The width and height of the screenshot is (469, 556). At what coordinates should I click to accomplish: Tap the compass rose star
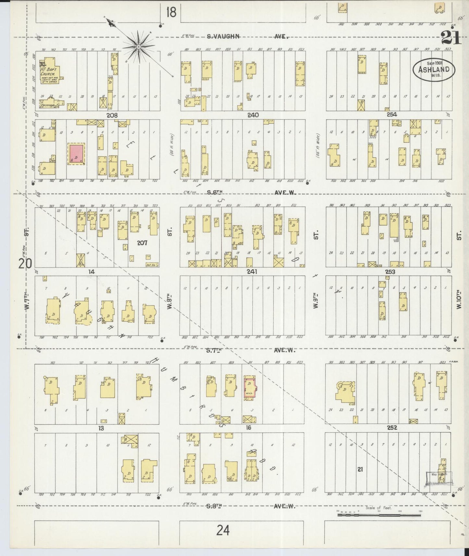coord(139,47)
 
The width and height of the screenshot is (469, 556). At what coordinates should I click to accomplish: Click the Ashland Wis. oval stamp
coord(434,69)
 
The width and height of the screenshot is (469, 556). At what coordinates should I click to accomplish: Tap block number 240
coord(253,115)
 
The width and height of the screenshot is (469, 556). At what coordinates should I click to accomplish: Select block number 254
coord(392,115)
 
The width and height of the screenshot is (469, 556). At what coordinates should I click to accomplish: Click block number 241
coord(252,271)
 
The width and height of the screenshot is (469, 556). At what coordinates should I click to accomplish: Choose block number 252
coord(392,428)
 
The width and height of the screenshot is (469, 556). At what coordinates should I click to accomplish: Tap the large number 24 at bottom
coord(224,531)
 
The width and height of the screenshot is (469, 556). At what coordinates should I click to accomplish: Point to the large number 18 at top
coord(171,13)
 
